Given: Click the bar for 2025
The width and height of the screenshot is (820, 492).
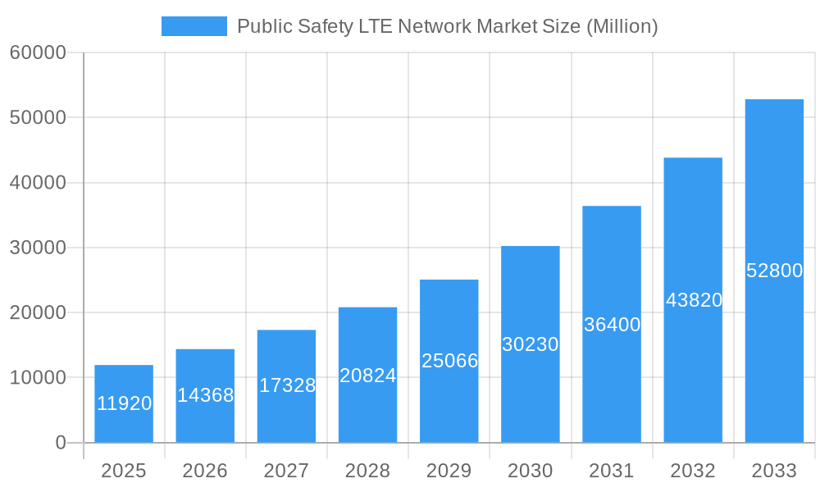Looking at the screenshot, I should tap(124, 403).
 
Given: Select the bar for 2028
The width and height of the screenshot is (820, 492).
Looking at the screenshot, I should tap(367, 375).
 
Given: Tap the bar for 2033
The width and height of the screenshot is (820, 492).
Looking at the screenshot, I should tap(774, 271).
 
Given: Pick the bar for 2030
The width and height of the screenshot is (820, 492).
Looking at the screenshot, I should tap(530, 344).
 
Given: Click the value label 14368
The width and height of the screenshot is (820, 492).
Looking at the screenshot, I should tap(205, 395).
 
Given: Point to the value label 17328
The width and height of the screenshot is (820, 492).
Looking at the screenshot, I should tap(287, 385).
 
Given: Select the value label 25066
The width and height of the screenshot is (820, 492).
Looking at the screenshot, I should tap(449, 361).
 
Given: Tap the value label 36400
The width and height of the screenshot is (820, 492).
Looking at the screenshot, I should tap(612, 325).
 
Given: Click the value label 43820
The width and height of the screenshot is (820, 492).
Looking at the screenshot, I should tap(694, 300).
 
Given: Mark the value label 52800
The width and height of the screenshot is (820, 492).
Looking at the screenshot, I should tap(774, 271).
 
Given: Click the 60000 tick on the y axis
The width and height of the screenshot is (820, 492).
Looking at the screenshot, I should tap(38, 52).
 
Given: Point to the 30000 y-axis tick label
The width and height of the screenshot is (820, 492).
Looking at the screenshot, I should tap(38, 248).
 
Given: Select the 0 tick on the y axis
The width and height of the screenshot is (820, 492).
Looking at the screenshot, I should tap(61, 443).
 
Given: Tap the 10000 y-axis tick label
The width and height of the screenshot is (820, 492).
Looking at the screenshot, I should tap(38, 378).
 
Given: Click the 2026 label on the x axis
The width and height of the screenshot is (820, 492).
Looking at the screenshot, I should tap(205, 471).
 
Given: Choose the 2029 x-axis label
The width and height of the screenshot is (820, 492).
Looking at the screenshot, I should tap(449, 471).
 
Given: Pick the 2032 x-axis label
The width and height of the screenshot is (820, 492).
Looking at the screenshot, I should tap(693, 471).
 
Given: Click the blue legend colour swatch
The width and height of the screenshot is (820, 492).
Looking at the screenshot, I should tap(194, 26).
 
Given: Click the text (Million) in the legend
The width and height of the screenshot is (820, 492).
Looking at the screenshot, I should tap(622, 26).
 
